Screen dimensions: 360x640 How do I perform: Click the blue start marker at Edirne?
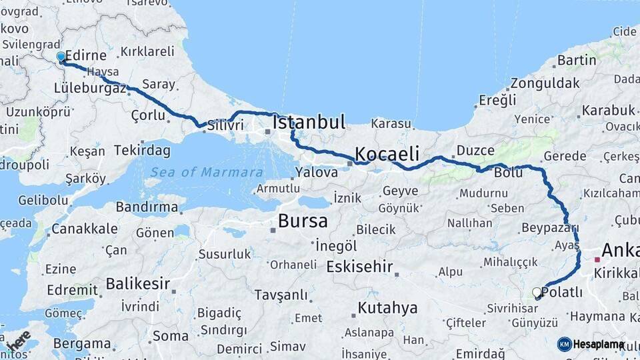(61, 57)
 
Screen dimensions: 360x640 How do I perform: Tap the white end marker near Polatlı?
(537, 292)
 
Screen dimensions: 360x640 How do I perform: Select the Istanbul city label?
(309, 123)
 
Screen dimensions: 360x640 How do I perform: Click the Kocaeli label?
(387, 154)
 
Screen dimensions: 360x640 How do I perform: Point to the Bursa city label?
(303, 221)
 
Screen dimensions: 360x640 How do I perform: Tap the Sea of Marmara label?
(206, 172)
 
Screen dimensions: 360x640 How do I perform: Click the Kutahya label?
(387, 308)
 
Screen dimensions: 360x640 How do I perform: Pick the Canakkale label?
(85, 229)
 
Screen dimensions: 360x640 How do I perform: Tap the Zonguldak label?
(545, 84)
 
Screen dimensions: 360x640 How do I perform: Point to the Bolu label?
(508, 172)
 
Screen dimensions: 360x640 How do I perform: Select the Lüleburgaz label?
(90, 88)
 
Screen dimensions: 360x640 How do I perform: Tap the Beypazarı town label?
(550, 227)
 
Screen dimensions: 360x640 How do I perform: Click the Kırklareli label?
(147, 51)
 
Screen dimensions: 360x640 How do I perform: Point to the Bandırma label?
(147, 207)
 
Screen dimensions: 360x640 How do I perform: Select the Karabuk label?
(608, 109)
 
